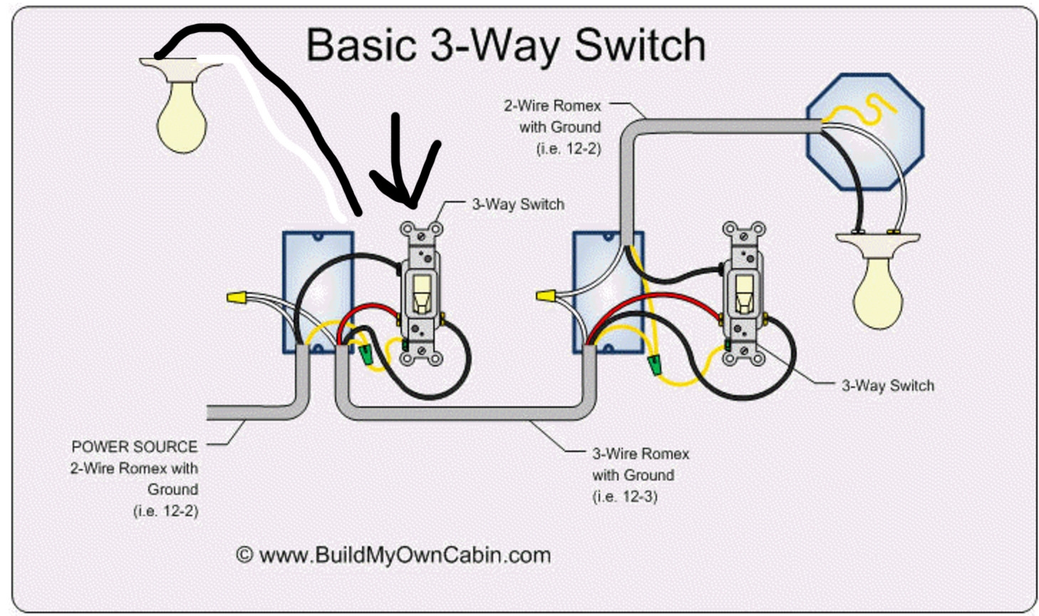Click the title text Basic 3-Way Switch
tap(505, 45)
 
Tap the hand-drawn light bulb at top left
tap(181, 114)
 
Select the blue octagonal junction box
tap(864, 132)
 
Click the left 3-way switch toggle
tap(421, 293)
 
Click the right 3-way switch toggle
tap(744, 292)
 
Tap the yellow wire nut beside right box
tap(546, 295)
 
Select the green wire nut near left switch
tap(367, 354)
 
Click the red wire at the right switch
tap(663, 298)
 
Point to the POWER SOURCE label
tap(135, 447)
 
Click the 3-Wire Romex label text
tap(641, 454)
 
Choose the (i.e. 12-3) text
tap(624, 496)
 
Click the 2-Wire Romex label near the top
tap(552, 106)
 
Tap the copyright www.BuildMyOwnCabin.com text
tap(393, 555)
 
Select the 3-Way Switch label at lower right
tap(887, 386)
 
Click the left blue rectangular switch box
tap(317, 292)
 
